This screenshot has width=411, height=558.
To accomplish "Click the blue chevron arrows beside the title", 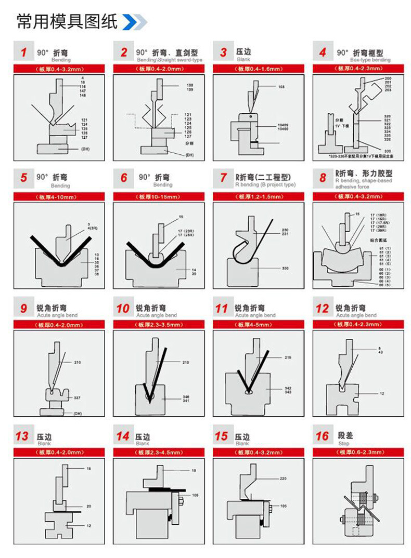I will [x=135, y=22].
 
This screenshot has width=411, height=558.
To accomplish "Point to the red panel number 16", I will [x=322, y=435].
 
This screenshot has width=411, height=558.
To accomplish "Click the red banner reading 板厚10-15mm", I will [x=158, y=197].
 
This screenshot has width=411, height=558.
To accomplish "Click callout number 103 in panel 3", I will [x=281, y=86].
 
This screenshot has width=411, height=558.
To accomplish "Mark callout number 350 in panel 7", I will [x=285, y=268].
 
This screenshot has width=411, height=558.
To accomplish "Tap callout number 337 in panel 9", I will [x=77, y=398].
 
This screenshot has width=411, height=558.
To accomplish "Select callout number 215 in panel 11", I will [x=288, y=358].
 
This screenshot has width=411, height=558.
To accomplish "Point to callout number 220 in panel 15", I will [x=283, y=478].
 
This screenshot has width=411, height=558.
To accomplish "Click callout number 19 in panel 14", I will [x=194, y=470].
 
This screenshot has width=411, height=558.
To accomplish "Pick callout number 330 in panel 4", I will [x=387, y=151].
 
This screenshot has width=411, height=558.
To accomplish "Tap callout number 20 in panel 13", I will [x=88, y=506].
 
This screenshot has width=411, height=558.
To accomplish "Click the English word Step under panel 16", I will [x=341, y=444].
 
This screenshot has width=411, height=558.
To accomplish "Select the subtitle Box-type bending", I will [x=370, y=60].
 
